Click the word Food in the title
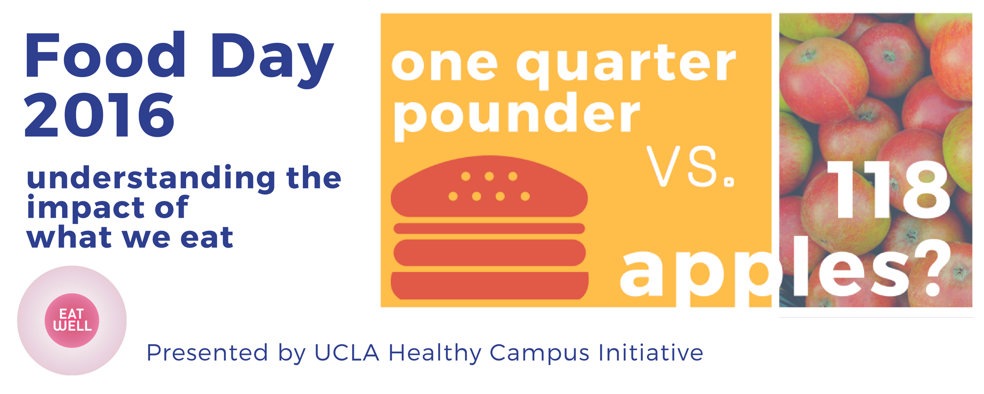[105, 56]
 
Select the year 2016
[99, 114]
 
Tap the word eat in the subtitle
[207, 238]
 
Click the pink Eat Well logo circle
[72, 321]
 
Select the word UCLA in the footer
[347, 353]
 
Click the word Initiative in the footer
[651, 353]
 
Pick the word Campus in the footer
[539, 354]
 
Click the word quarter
[626, 65]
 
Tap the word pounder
[516, 116]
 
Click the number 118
[888, 190]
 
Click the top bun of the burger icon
[489, 187]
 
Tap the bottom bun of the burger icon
[489, 285]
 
